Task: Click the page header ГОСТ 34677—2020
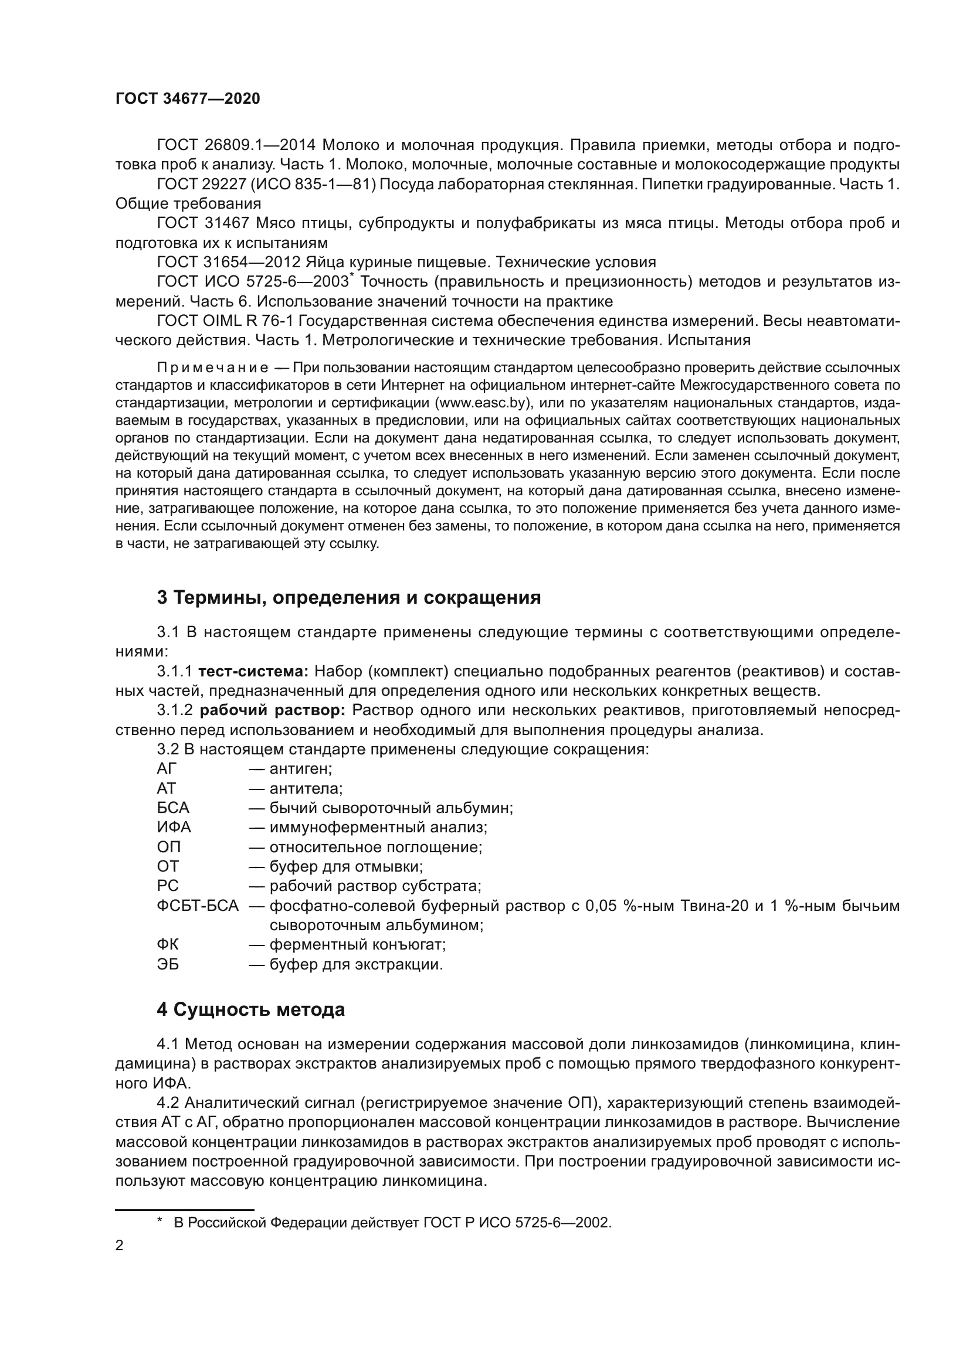[x=188, y=98]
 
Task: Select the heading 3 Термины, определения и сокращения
[x=348, y=597]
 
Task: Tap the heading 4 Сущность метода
[x=250, y=1010]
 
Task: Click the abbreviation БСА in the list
[x=172, y=808]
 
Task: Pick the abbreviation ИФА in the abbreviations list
[x=173, y=828]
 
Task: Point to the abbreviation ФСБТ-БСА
[x=197, y=906]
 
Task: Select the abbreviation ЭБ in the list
[x=167, y=964]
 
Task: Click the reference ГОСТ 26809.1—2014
[x=236, y=145]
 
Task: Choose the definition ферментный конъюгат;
[x=357, y=945]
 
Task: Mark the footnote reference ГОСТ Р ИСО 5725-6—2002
[x=517, y=1222]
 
